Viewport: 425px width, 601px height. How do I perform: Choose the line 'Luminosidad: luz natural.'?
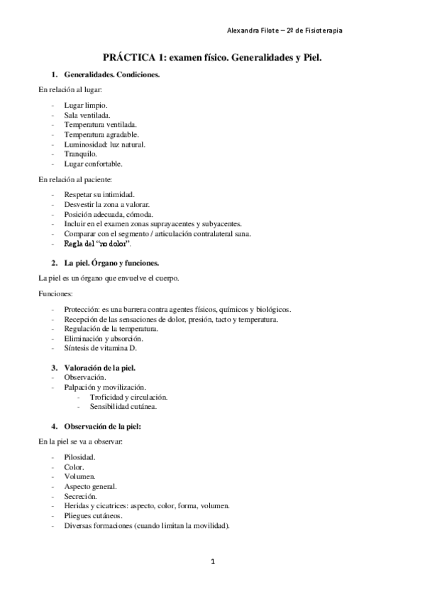tap(104, 144)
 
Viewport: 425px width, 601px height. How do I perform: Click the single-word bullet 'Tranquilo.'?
tap(80, 153)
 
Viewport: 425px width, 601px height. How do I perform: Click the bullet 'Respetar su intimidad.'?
tap(99, 194)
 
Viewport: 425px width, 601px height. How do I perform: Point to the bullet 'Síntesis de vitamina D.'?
tap(100, 349)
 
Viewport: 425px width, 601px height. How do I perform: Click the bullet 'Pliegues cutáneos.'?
tap(93, 517)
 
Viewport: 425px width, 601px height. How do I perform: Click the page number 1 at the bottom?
tap(212, 562)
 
